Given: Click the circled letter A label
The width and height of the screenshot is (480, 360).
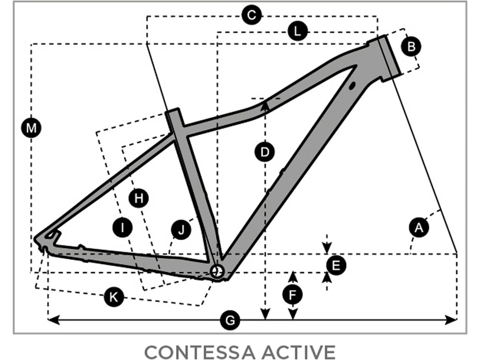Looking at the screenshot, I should tap(419, 228).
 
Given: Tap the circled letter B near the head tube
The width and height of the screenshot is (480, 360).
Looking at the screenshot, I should tap(411, 46).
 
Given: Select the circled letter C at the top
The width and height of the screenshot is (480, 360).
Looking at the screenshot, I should tap(252, 15).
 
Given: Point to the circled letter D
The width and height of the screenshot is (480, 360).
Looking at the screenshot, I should tap(265, 152).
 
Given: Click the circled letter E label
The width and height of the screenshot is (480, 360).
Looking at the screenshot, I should tap(336, 265).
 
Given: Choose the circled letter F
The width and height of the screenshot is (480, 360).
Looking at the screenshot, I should tap(292, 294).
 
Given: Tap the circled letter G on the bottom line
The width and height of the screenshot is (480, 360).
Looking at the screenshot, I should tap(230, 320).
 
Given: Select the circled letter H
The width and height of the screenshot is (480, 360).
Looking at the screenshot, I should tap(139, 198).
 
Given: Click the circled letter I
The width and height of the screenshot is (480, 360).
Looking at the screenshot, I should tap(123, 228).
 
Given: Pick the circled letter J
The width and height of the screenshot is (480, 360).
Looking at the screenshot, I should tap(181, 230).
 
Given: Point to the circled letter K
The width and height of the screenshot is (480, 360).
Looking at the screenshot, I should tap(114, 297).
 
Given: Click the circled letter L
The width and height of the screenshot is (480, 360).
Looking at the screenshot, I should tap(297, 31).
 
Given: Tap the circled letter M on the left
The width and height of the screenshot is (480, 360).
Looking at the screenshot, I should tap(31, 128).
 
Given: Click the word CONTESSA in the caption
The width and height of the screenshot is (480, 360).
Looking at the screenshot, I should tap(200, 352).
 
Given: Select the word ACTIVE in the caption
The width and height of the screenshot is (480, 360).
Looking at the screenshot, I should tap(298, 352).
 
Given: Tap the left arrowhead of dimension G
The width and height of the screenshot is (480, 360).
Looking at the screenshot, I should tap(53, 319).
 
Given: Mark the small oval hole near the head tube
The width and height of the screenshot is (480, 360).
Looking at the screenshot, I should tap(352, 85).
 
